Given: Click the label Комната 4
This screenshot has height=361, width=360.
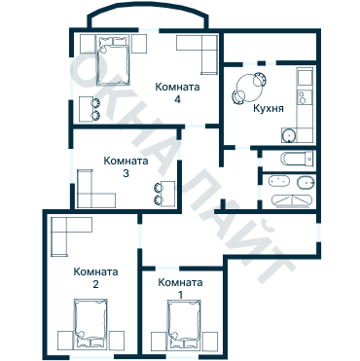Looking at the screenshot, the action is point(177,93).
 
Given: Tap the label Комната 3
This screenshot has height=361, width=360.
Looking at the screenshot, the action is point(126,167).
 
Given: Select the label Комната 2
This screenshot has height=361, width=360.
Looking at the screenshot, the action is point(95,278).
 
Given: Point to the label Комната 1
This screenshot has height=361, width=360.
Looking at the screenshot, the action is point(180,288).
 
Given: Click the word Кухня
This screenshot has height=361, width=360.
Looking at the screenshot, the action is point(269,108).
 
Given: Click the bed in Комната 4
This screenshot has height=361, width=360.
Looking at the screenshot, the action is point(113,60).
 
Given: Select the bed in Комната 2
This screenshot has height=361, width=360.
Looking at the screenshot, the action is point(90,324).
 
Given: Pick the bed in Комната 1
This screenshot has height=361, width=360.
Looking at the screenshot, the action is point(183,325).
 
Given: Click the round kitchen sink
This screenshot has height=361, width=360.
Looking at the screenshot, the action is point(288,135).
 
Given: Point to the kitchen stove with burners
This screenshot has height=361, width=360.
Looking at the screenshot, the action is point(305,96).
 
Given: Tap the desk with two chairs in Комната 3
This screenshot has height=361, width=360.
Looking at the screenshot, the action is point(164,194).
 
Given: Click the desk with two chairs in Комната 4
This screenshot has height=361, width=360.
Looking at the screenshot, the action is point(90,109).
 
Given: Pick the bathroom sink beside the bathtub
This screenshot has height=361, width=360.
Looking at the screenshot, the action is point(278,181).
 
